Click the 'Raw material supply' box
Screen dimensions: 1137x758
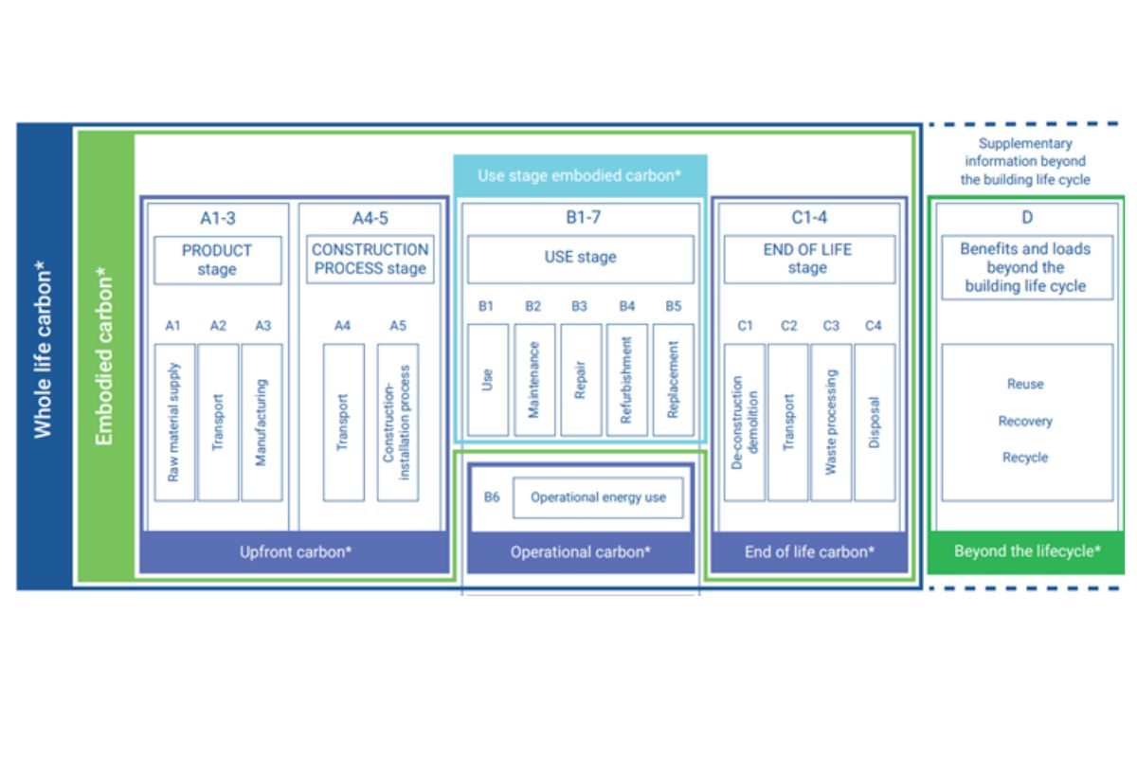coord(174,423)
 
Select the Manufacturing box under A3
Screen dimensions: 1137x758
coord(262,423)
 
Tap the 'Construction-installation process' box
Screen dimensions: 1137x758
coord(398,423)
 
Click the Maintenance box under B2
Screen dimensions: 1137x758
coord(534,380)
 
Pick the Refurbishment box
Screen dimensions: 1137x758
coord(627,380)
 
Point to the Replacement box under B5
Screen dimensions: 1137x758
coord(674,380)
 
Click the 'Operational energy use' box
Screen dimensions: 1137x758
coord(599,497)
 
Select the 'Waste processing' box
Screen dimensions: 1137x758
coord(832,423)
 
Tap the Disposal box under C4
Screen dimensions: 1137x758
coord(875,423)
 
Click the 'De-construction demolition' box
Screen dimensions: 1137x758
coord(745,423)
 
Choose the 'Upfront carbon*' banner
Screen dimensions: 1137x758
coord(295,551)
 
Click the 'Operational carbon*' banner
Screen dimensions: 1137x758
coord(581,551)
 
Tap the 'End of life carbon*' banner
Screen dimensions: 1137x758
coord(809,551)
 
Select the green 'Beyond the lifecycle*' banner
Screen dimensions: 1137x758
coord(1026,551)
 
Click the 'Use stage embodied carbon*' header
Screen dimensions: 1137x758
coord(580,175)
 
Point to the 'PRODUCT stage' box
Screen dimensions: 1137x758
coord(218,260)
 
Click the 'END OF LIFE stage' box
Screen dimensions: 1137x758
coord(809,259)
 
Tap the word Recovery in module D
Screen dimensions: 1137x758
coord(1025,422)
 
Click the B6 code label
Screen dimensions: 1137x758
coord(492,497)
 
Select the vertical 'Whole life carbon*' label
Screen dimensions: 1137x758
coord(43,350)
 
